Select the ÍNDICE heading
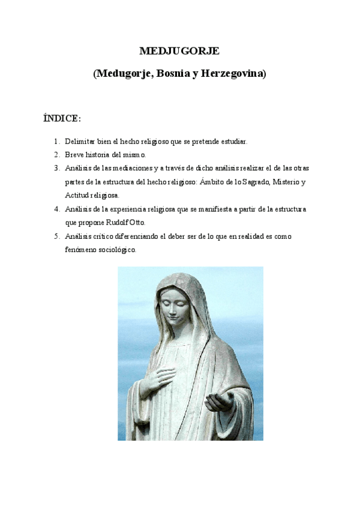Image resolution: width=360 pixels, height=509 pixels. coord(62,118)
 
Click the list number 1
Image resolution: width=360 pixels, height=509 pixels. coord(56,142)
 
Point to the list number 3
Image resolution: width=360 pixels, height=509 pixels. coord(56,168)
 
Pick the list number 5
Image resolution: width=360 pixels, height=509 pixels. coord(56,236)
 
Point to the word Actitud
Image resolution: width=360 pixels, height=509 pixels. coord(76,196)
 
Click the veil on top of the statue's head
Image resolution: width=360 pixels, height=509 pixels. coord(182,281)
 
